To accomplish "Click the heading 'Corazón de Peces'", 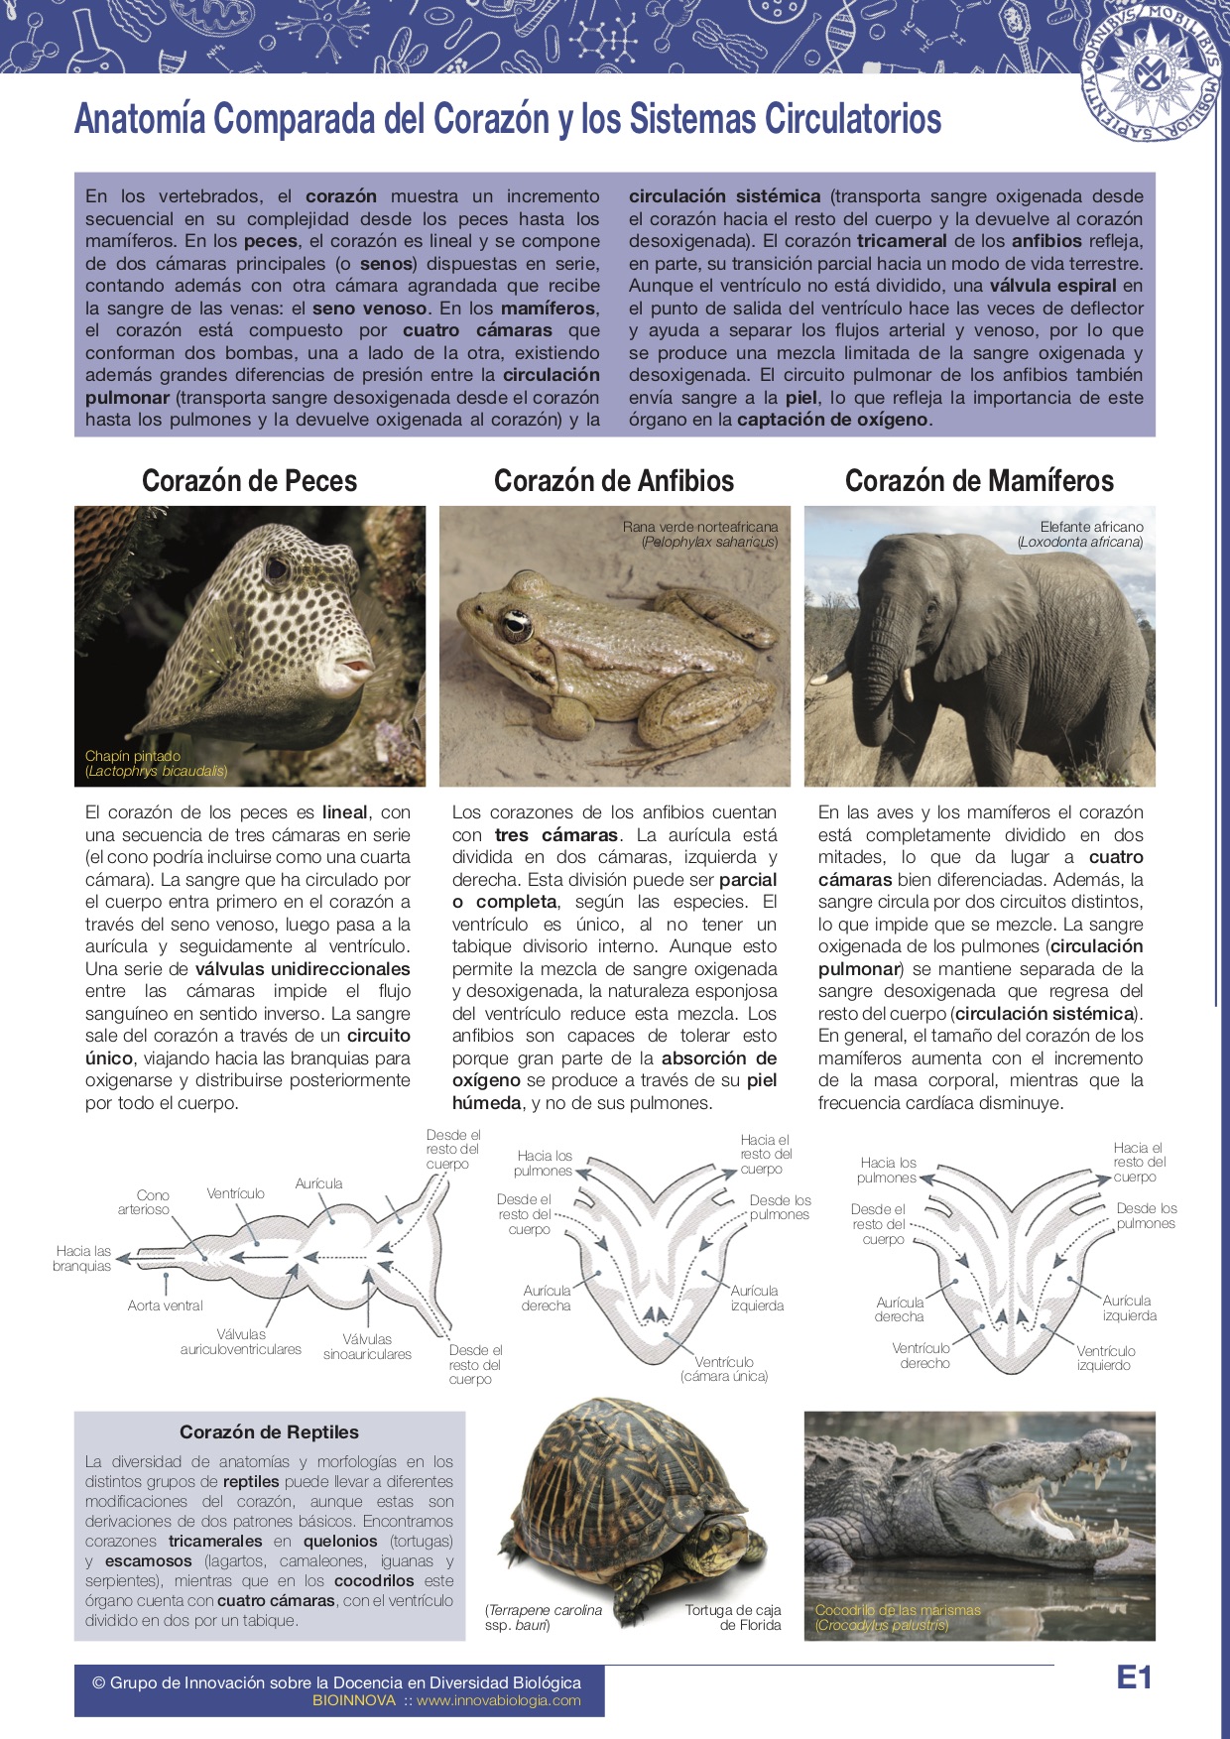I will coord(249,481).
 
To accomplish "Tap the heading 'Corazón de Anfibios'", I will coord(614,481).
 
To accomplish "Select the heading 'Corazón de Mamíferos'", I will coord(979,481).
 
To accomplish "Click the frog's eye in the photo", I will coord(516,623).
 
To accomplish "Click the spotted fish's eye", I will coord(276,570).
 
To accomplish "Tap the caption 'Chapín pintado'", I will coord(133,756).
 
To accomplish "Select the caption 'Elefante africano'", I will coord(1091,527).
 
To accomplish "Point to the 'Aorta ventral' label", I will coord(165,1305).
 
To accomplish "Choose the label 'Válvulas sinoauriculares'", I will coord(367,1346).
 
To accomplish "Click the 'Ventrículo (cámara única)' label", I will coord(724,1369).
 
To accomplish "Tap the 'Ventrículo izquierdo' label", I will coord(1105,1358).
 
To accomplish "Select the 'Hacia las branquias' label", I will coord(82,1259).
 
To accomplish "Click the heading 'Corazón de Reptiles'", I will coord(269,1432).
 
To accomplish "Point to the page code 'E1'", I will coord(1134,1677).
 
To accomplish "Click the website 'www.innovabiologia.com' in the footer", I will coord(498,1700).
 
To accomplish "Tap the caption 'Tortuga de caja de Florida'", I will coord(733,1617).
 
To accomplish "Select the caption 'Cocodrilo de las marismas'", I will coord(898,1610).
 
